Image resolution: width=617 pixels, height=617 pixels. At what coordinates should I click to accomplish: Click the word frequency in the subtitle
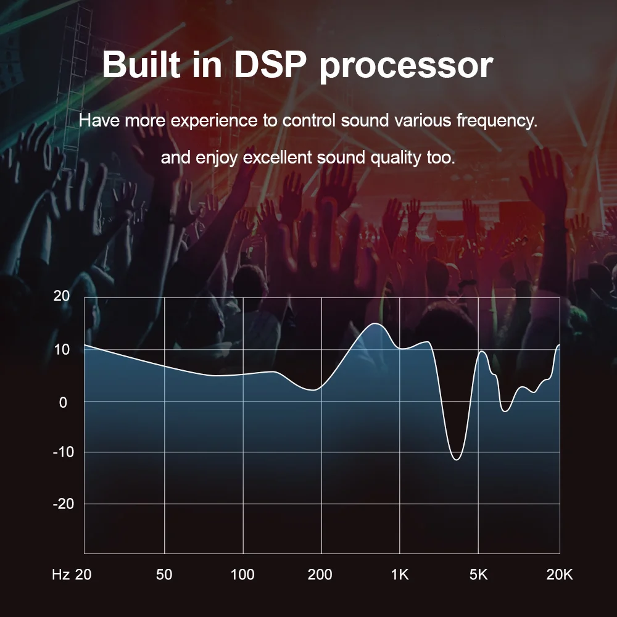(497, 120)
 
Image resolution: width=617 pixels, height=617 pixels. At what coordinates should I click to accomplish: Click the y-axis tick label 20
(62, 296)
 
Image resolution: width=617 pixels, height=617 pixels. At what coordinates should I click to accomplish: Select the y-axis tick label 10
(62, 349)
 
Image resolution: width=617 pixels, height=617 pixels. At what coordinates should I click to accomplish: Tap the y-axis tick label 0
(63, 402)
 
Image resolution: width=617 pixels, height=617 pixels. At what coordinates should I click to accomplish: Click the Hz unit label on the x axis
(60, 575)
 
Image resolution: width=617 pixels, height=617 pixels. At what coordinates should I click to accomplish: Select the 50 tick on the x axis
(164, 575)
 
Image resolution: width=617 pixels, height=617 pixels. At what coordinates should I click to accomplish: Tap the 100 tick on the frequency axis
(242, 575)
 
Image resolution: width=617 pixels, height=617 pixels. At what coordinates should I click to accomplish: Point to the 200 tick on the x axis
(320, 575)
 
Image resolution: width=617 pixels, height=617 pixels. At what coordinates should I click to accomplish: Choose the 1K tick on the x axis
(400, 575)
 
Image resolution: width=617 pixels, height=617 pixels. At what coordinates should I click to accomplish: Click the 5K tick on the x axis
(478, 575)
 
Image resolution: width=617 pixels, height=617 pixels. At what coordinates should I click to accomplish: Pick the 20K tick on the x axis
(560, 575)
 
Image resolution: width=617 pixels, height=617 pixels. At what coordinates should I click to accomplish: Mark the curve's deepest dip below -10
(457, 460)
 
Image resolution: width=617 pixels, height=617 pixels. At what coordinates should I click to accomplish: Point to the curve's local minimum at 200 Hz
(315, 390)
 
